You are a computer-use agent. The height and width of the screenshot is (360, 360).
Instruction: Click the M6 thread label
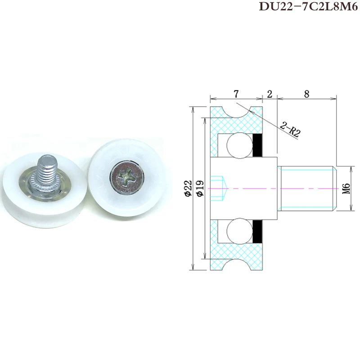pyautogui.click(x=346, y=188)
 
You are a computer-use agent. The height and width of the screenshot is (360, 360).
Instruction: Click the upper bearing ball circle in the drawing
pyautogui.click(x=238, y=145)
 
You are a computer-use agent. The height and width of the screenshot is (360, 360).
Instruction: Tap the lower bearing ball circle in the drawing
pyautogui.click(x=238, y=231)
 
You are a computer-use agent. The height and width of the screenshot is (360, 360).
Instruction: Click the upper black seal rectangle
pyautogui.click(x=258, y=145)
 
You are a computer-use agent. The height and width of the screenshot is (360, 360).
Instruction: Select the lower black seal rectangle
pyautogui.click(x=258, y=231)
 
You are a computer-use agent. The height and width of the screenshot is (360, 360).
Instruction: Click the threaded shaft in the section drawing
pyautogui.click(x=306, y=188)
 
